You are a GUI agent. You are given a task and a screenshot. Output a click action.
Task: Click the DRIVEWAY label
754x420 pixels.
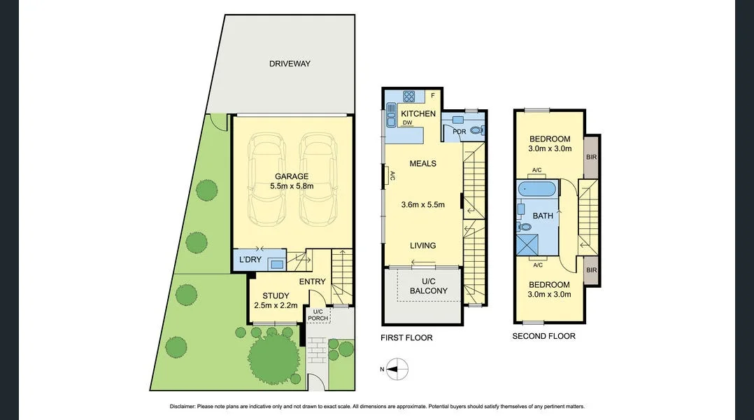290,64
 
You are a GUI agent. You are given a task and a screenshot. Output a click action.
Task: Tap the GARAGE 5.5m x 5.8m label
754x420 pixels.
292,181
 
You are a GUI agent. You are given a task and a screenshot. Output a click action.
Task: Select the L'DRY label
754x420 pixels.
250,260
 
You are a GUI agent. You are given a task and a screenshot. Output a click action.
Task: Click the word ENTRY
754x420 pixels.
312,281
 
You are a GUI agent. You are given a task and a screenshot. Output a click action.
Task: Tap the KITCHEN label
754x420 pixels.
418,113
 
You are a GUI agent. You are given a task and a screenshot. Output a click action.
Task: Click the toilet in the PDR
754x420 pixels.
476,130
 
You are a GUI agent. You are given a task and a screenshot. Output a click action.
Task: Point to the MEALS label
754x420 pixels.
422,164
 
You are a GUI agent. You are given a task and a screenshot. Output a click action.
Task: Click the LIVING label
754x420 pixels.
422,246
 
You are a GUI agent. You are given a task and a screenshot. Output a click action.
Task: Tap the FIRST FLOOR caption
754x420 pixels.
406,338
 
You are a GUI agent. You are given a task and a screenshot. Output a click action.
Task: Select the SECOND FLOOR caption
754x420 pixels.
543,336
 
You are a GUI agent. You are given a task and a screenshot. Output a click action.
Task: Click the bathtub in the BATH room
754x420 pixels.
536,189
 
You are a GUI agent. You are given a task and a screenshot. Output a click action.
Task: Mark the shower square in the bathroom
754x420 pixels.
528,244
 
